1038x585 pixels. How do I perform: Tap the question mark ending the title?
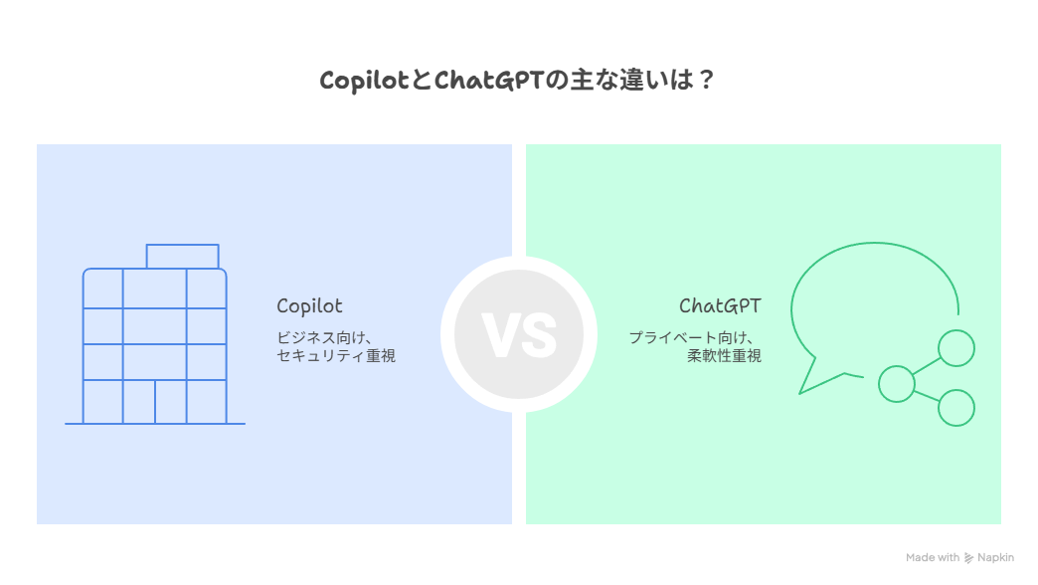705,82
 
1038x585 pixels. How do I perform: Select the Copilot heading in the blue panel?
309,306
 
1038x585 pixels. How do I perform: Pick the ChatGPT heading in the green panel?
720,306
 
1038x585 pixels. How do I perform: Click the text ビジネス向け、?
324,337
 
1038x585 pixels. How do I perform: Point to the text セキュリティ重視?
336,356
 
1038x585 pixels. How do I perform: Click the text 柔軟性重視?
724,356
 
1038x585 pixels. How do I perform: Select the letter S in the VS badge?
538,335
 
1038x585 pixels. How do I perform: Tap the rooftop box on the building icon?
183,257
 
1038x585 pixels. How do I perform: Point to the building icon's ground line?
155,424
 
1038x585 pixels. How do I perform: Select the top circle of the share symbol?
956,348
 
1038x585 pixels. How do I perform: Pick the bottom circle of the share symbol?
956,408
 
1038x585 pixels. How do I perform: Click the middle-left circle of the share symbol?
896,383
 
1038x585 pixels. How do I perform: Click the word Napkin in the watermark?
995,558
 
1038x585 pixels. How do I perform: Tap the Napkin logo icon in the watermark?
968,558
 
